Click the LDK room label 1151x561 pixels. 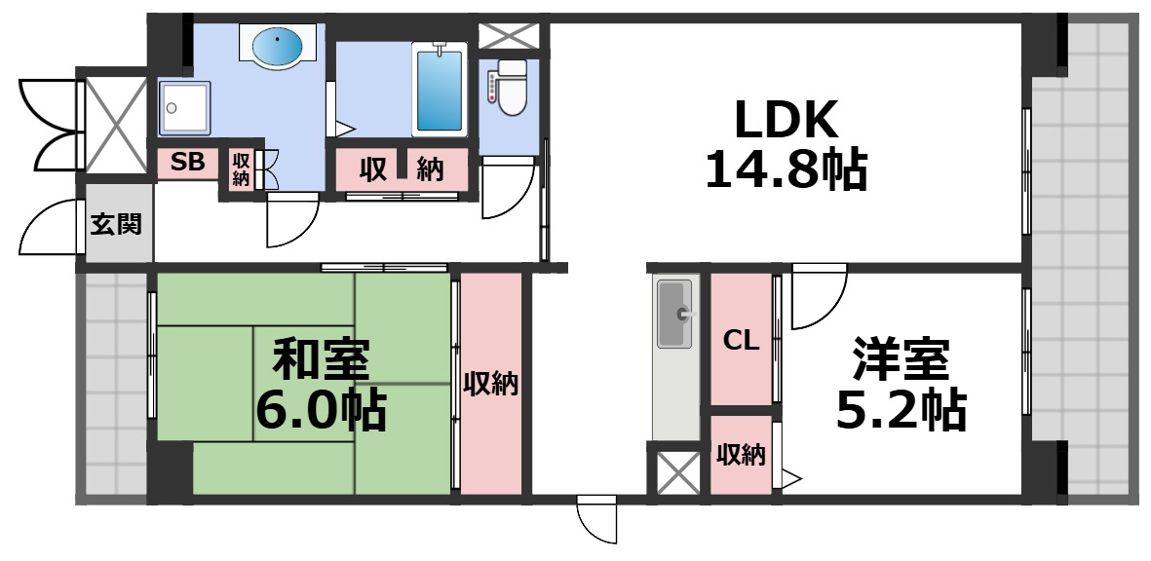pos(786,122)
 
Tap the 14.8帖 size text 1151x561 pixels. pos(786,170)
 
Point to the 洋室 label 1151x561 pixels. pos(901,360)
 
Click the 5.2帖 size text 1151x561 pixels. pos(901,410)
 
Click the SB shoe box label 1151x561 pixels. pos(188,163)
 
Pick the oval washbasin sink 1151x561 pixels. pos(280,45)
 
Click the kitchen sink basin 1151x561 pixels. pos(674,314)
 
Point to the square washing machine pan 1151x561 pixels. pos(184,107)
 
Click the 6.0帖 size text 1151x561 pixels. pos(321,410)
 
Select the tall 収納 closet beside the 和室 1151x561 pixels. pos(490,384)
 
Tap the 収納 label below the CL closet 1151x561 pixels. pos(741,455)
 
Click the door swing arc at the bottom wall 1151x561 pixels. pos(597,520)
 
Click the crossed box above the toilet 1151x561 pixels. pos(510,36)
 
